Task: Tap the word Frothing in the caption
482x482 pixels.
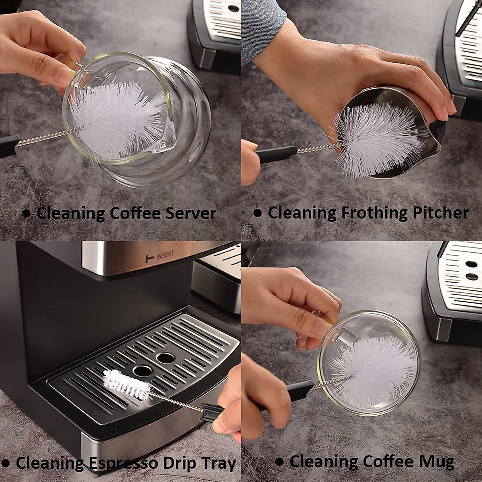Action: (373, 213)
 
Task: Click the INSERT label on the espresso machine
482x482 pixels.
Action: (165, 256)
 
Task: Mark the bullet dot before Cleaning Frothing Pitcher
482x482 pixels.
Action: (257, 213)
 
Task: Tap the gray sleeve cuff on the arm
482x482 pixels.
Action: (263, 28)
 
